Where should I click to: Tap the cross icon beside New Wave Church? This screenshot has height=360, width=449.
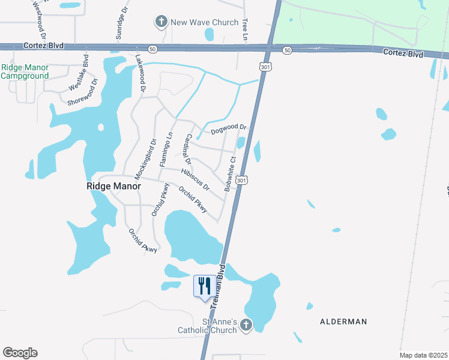coord(161,23)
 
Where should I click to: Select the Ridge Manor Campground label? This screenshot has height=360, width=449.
coord(25,72)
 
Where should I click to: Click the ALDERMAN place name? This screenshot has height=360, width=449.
coord(344,322)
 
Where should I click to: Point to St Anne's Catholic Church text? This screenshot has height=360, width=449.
coord(207,326)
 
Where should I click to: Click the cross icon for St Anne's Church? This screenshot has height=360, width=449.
coord(245,326)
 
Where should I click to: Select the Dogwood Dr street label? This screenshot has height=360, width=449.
coord(229,129)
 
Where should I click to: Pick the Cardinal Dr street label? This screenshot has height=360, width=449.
coord(188,149)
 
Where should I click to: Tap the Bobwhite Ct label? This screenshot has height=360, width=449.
coord(231,174)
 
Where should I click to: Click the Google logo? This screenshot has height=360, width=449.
coord(20,353)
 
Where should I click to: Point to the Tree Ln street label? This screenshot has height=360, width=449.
coord(245,29)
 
